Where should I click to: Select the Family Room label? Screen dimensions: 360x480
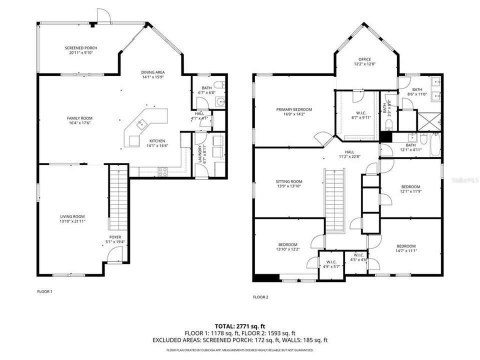79,118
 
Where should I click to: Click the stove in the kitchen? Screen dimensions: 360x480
163,171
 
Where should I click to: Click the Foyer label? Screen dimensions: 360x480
115,237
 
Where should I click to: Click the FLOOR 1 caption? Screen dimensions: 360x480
44,291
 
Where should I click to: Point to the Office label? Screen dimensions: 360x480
364,59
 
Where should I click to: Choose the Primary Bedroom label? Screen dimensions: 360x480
294,109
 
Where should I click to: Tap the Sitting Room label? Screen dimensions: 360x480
289,181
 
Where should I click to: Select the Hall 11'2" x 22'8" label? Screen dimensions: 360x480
349,152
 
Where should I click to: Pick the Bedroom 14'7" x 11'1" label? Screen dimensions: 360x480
406,246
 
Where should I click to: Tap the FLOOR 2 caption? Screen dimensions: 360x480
260,297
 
